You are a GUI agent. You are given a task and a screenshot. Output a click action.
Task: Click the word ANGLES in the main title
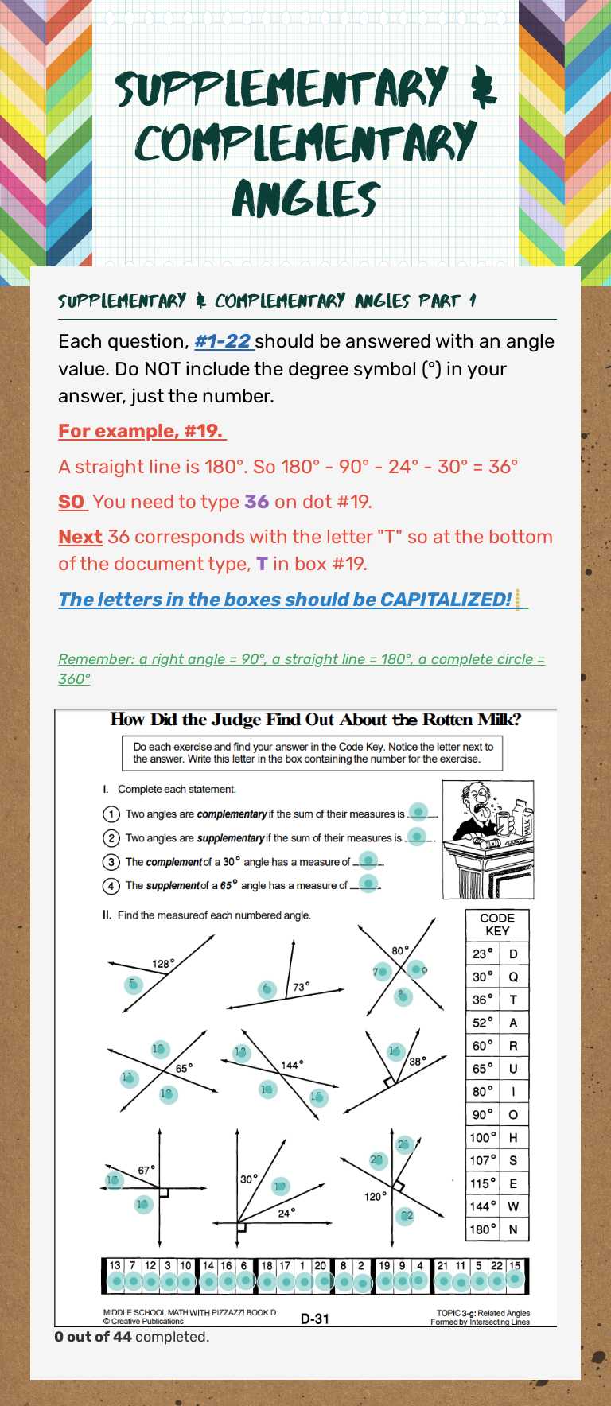coord(305,198)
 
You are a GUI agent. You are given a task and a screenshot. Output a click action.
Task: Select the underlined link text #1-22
coord(223,341)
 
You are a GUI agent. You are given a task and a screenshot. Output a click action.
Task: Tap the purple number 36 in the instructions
coord(256,502)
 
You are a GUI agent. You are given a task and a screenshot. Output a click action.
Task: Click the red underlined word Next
coord(80,537)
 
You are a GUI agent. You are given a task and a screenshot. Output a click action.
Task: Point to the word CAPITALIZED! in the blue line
coord(446,600)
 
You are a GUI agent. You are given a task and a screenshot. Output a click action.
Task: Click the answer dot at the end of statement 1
coord(418,812)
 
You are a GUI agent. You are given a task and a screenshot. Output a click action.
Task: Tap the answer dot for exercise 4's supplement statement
coord(368,883)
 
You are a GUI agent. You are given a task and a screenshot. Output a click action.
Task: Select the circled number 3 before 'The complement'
coord(111,862)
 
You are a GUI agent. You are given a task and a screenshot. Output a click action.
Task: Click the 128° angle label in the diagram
coord(163,964)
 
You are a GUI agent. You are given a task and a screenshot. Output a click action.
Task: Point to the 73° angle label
coord(301,987)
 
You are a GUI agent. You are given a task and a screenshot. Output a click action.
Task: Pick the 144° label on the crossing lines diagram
coord(292,1065)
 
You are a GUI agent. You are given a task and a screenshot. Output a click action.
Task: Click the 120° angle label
coord(375,1196)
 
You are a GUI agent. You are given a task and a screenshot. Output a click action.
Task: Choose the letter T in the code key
coord(513,1000)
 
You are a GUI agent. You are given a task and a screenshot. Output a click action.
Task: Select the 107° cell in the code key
coord(482,1160)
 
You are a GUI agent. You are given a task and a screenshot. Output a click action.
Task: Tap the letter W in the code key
coord(513,1206)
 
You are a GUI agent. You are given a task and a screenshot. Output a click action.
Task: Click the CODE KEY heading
coord(497,924)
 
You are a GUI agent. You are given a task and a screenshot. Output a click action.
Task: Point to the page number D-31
coord(315,1319)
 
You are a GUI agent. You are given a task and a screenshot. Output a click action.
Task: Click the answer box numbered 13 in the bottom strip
coord(115,1265)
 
